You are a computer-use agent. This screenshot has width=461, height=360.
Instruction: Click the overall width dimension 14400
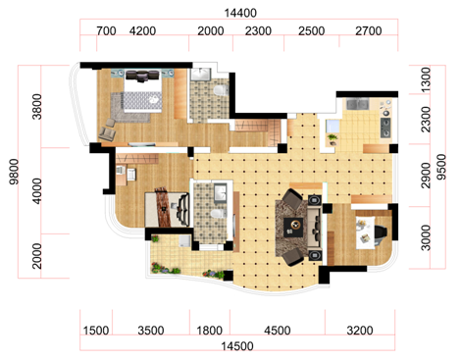tap(240, 13)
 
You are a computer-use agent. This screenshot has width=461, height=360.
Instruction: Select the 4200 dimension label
tap(142, 31)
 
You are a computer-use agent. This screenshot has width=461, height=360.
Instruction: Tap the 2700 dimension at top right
tap(369, 31)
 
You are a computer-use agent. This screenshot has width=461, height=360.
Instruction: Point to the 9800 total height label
tap(14, 172)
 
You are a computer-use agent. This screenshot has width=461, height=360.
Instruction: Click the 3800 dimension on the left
tap(37, 107)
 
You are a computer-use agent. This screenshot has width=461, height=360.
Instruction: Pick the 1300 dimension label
tap(426, 79)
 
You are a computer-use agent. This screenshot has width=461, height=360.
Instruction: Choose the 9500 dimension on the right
tap(441, 167)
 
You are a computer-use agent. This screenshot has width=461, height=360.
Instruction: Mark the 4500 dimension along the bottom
tap(278, 331)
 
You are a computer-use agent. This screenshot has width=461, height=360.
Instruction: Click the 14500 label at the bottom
tap(237, 346)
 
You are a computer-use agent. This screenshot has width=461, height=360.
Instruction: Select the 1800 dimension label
tap(209, 331)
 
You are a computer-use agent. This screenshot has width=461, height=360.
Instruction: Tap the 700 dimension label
tap(106, 31)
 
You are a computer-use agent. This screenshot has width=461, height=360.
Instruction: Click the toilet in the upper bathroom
tap(221, 90)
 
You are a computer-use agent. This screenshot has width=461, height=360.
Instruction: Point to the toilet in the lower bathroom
tap(219, 214)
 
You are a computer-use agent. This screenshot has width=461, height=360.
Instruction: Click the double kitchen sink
tap(357, 104)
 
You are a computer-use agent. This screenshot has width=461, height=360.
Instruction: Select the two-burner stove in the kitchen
tap(385, 128)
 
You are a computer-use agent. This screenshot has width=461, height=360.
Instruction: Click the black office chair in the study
tap(381, 234)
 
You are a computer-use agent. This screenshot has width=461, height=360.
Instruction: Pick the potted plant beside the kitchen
tap(333, 139)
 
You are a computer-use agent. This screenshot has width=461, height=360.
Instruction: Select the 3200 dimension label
tap(360, 331)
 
